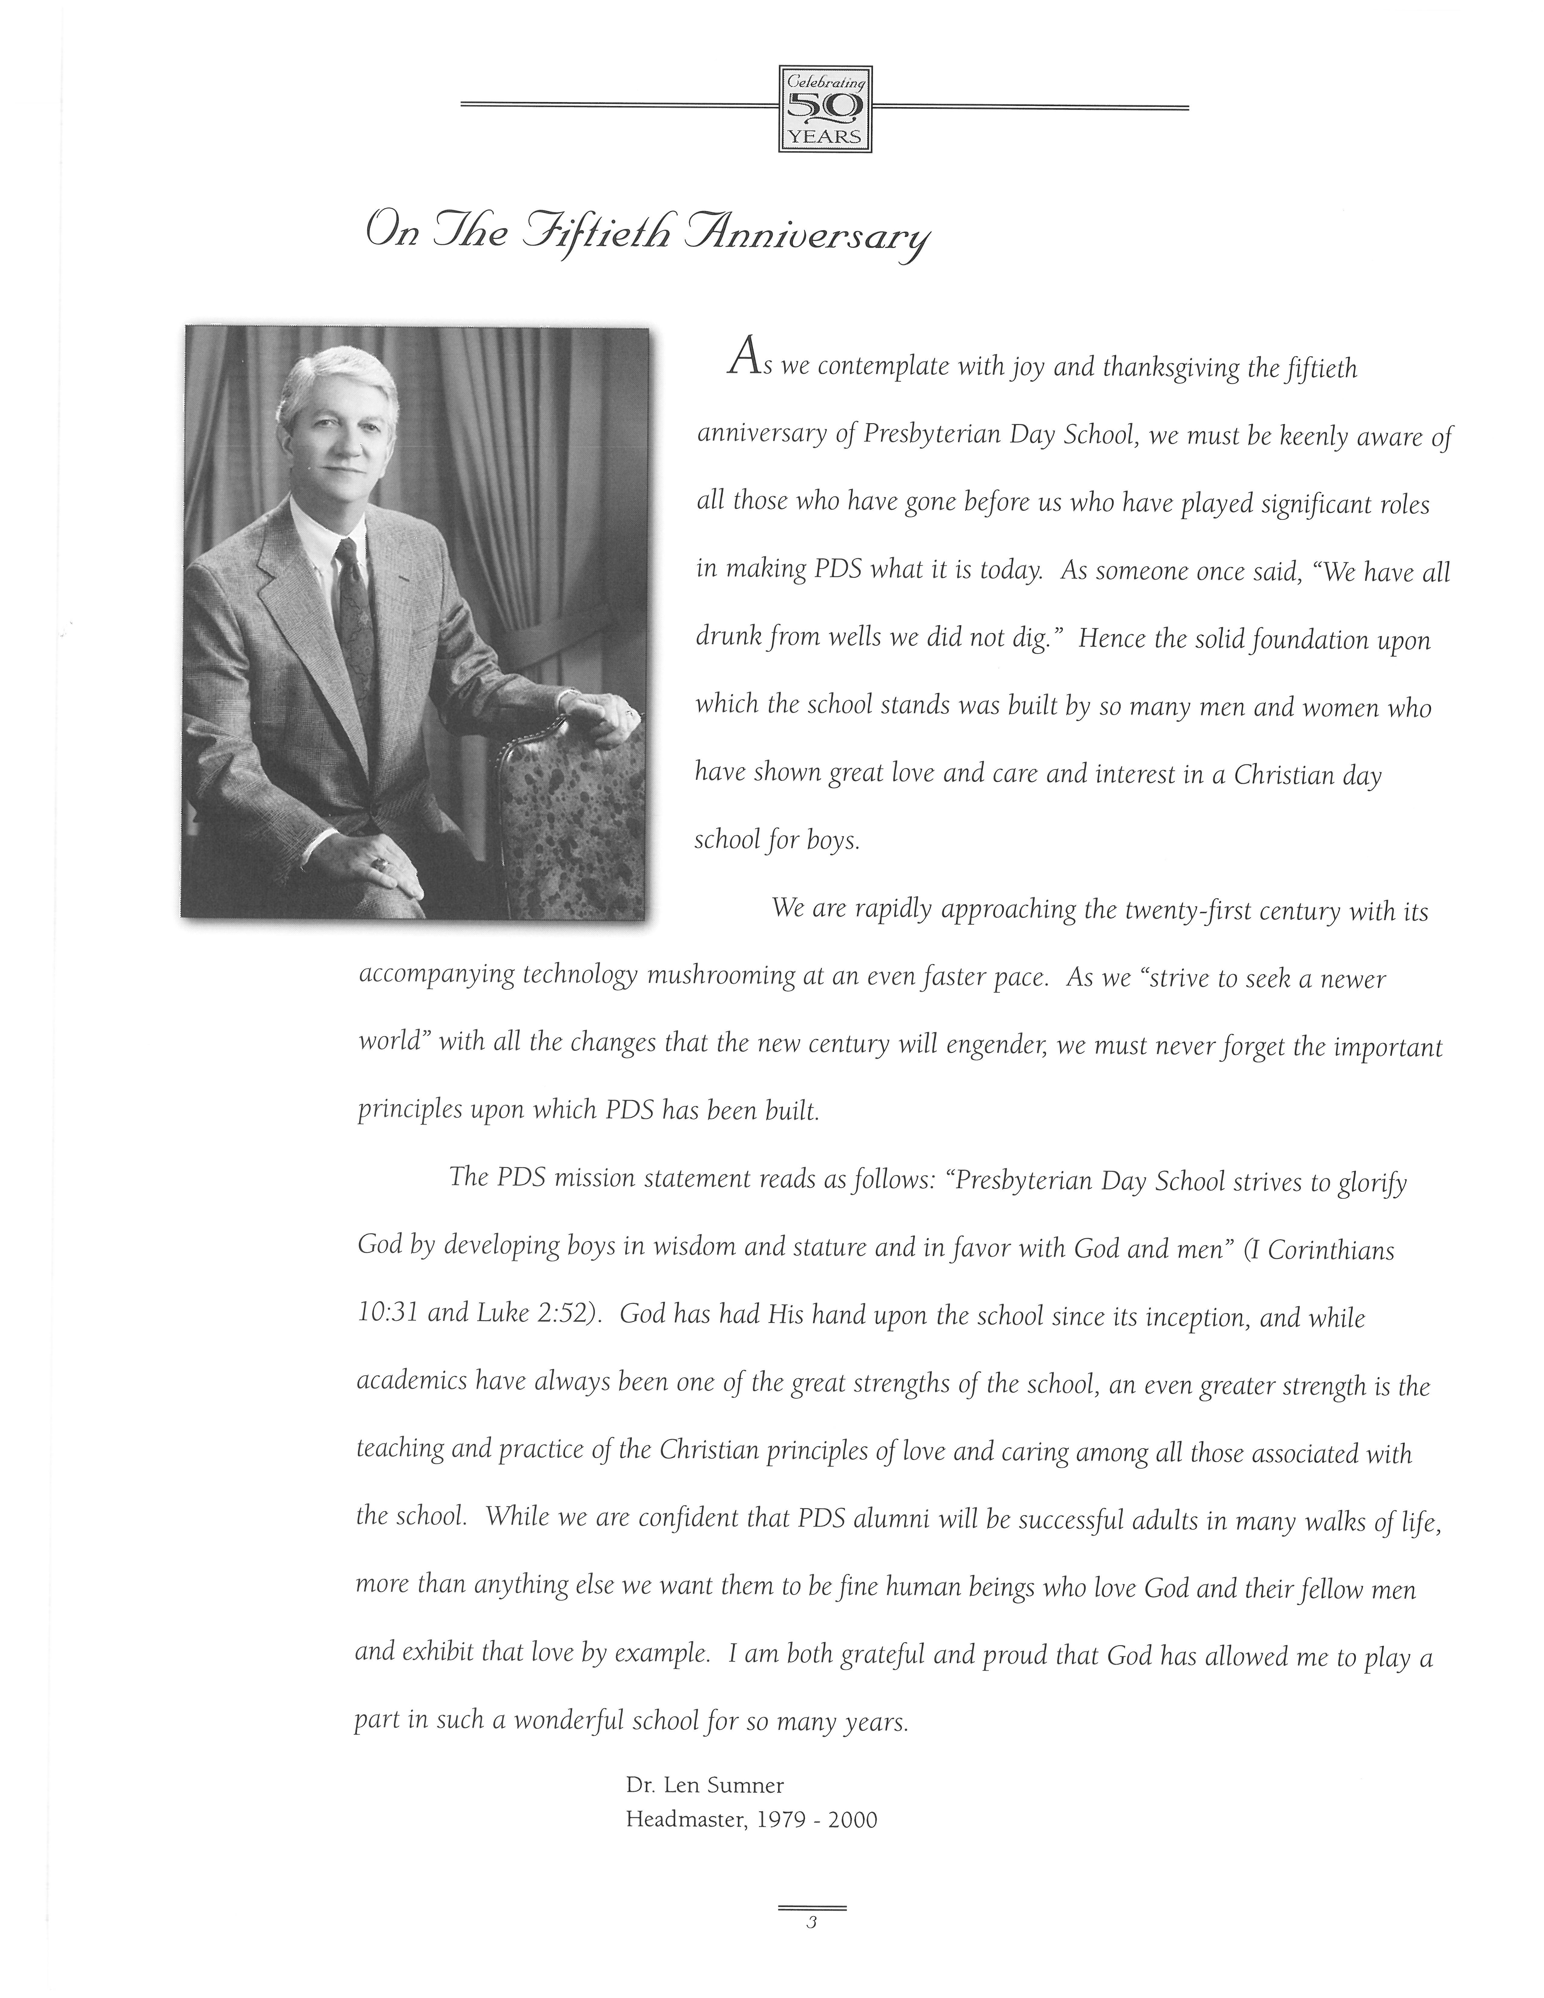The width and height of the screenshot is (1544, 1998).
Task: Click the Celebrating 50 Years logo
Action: point(824,108)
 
